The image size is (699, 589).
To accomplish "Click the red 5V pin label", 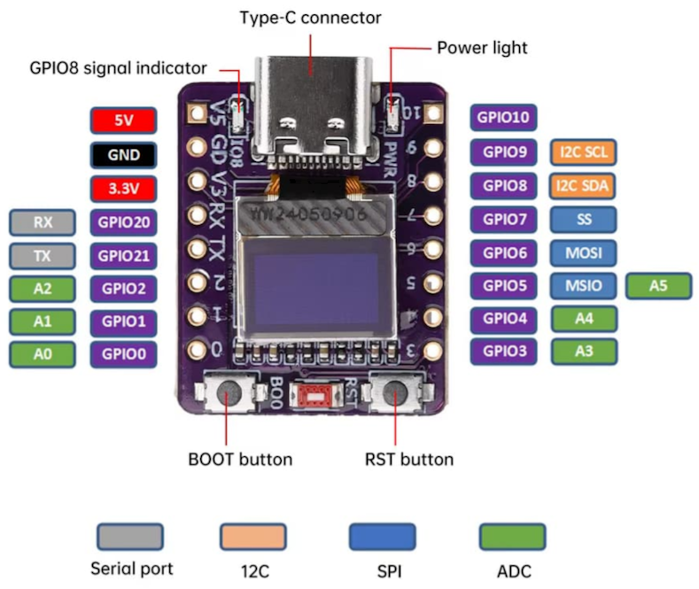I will (x=123, y=120).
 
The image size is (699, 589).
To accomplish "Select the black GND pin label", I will (x=123, y=154).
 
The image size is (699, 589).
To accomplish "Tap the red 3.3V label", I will (x=123, y=188).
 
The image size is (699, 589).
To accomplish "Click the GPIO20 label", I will (x=123, y=222).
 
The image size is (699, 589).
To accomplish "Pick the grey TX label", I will (x=43, y=256).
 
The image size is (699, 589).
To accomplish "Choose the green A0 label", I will (x=43, y=354).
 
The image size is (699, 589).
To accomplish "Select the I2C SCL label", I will (x=583, y=152).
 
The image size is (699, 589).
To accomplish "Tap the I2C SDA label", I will (x=583, y=186).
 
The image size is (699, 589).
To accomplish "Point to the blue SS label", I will (x=583, y=219).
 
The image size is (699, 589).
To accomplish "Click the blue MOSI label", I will (x=583, y=253).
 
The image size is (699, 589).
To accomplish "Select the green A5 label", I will (x=658, y=286).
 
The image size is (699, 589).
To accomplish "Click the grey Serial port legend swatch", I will (x=129, y=537).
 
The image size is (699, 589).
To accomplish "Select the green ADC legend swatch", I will (x=512, y=537).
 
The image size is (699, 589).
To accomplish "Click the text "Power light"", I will (x=482, y=47).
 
